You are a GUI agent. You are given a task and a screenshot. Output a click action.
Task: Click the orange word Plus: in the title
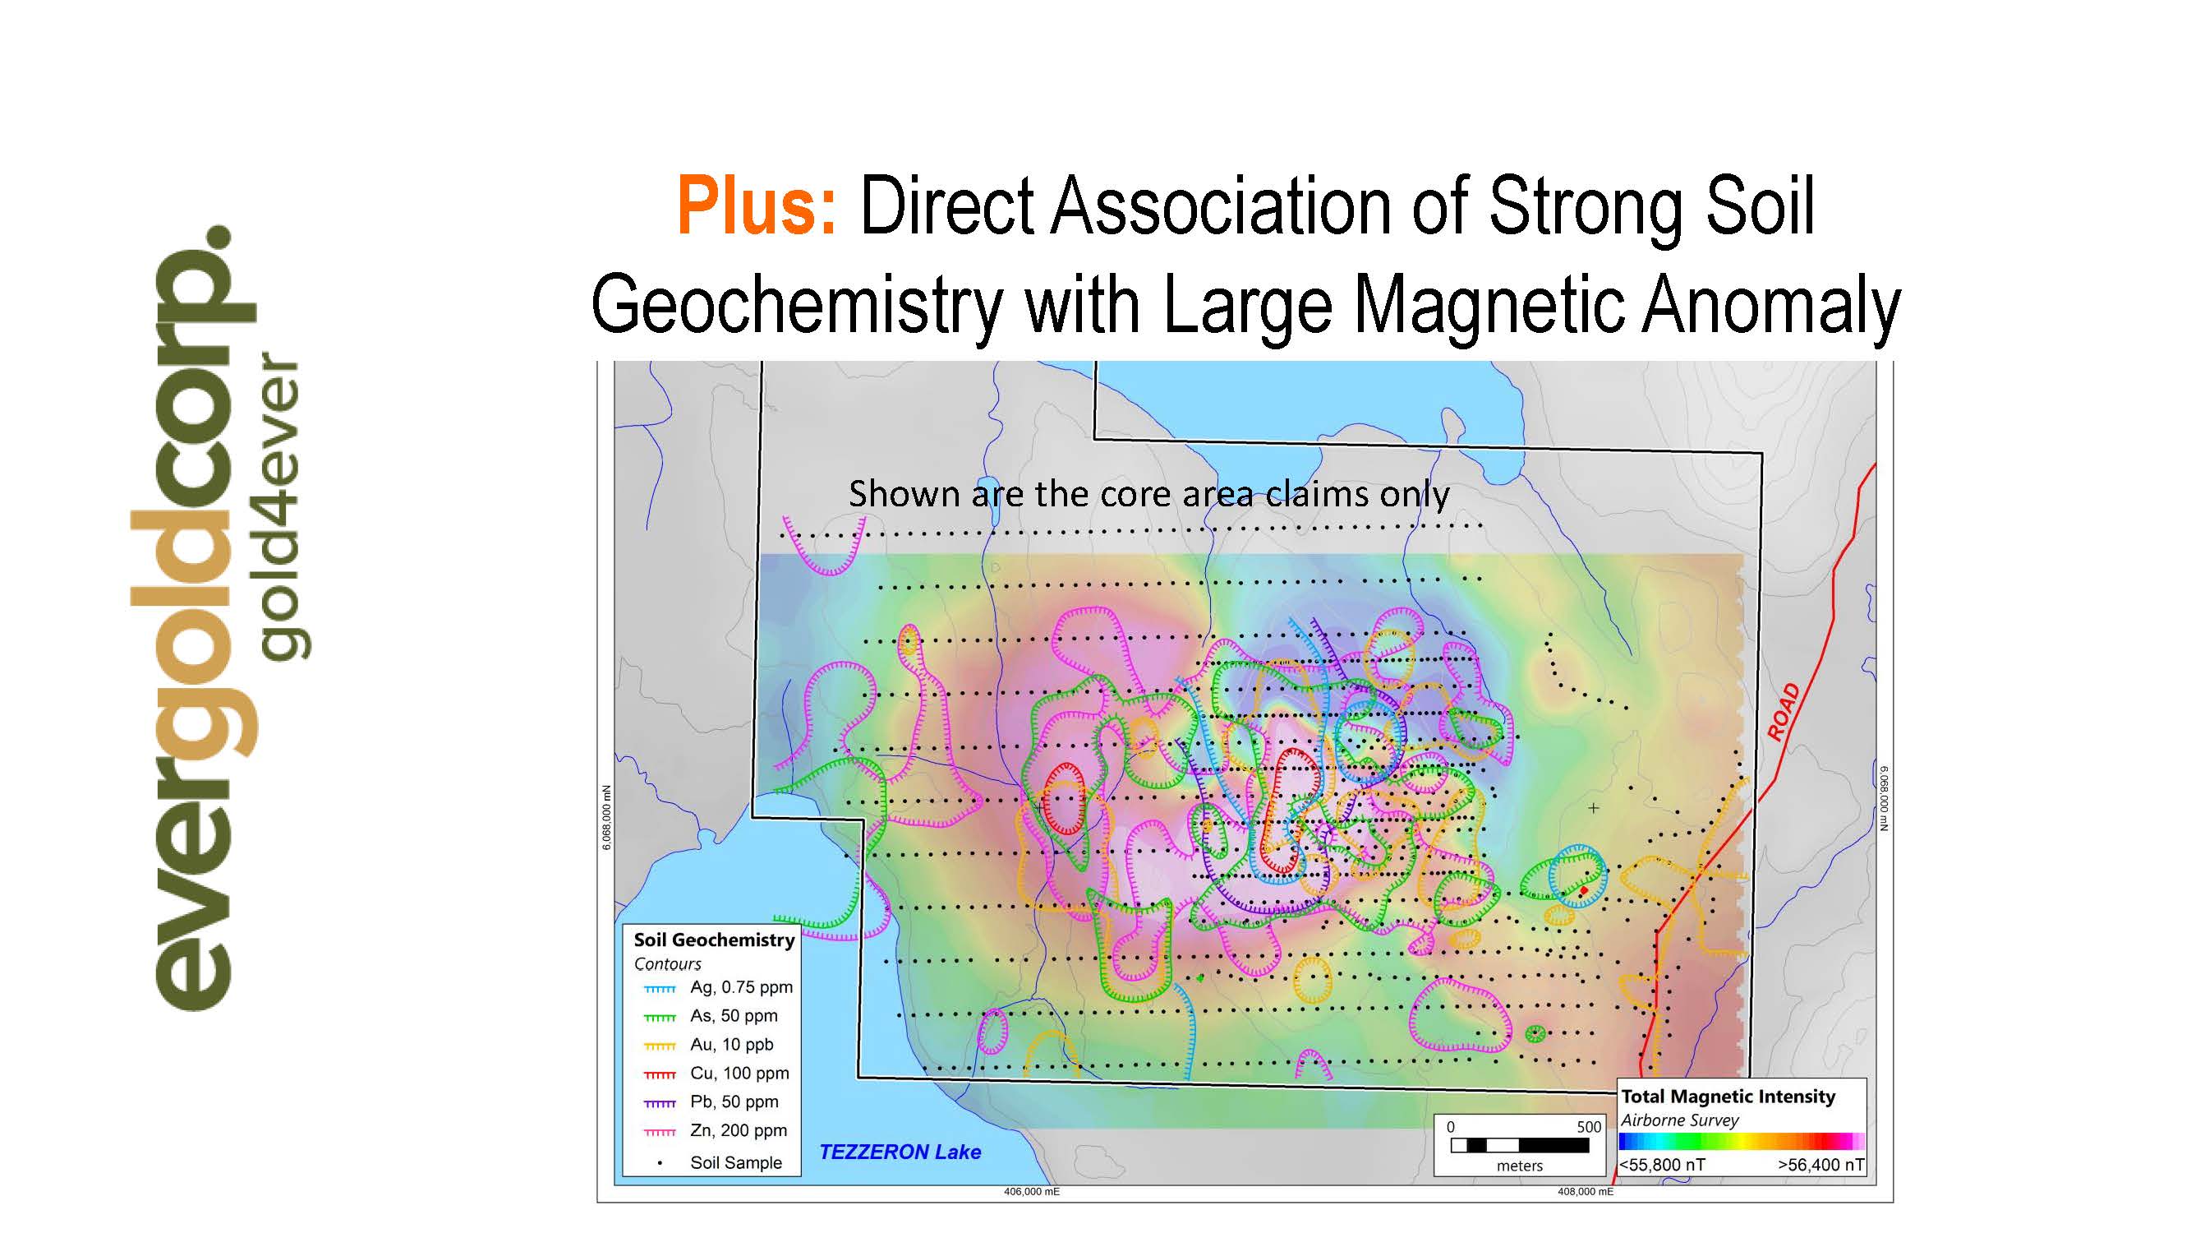pos(757,207)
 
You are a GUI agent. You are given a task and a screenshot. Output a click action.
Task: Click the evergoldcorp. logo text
pos(193,618)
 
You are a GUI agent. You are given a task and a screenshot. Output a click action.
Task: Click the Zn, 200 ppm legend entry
pos(716,1131)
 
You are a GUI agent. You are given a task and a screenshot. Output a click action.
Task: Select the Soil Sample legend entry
pos(720,1162)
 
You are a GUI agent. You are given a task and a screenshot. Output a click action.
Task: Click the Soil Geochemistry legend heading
pos(715,940)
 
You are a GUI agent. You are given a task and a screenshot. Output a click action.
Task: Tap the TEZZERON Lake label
pos(900,1152)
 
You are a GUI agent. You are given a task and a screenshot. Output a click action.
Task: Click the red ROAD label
pos(1784,712)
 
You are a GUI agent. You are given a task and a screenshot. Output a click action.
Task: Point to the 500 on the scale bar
pos(1589,1127)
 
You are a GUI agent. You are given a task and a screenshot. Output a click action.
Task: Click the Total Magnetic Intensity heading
pos(1728,1096)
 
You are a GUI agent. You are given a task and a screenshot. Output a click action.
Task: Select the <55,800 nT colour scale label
pos(1662,1165)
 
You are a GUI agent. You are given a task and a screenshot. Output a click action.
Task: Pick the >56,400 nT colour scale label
pos(1821,1165)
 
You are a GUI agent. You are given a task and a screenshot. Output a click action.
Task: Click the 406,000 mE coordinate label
pos(1032,1192)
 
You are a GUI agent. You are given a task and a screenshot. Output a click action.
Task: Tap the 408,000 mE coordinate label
pos(1586,1192)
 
